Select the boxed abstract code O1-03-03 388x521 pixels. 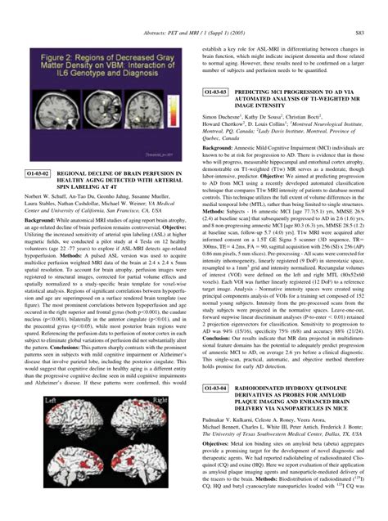click(220, 92)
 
